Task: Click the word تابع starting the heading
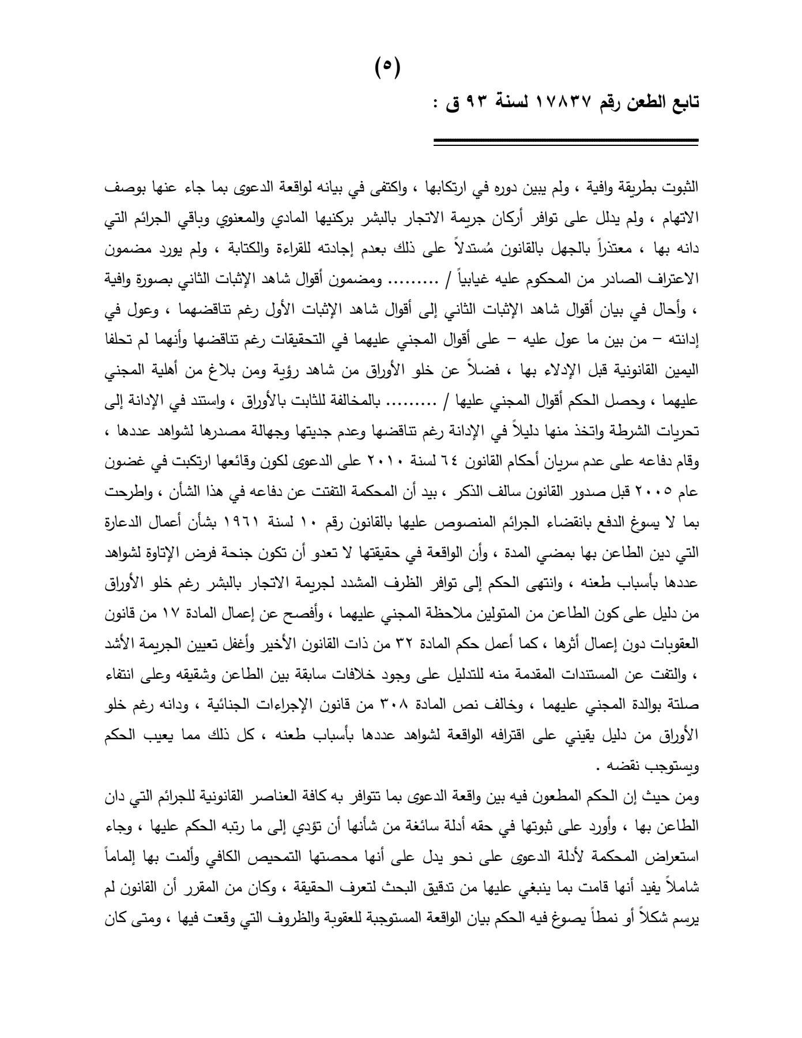(682, 102)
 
